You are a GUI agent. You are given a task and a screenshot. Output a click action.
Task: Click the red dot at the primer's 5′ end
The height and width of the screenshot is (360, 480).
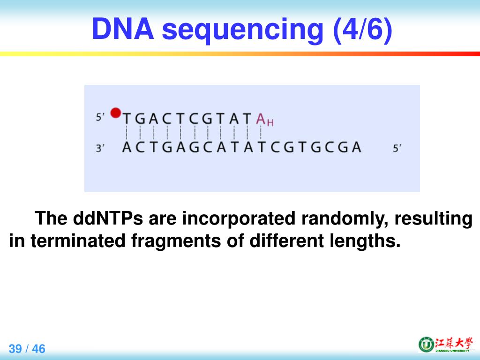pyautogui.click(x=116, y=112)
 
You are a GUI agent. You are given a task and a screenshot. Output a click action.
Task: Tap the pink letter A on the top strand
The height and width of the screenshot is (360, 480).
pyautogui.click(x=261, y=119)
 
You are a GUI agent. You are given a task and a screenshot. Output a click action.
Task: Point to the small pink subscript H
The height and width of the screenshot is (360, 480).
pyautogui.click(x=270, y=123)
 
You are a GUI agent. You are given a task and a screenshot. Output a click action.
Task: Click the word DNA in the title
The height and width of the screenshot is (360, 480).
pyautogui.click(x=123, y=29)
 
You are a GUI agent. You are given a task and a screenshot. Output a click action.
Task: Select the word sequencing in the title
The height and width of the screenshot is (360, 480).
pyautogui.click(x=242, y=30)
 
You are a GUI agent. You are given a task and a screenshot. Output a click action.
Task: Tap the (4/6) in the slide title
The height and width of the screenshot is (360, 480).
pyautogui.click(x=362, y=30)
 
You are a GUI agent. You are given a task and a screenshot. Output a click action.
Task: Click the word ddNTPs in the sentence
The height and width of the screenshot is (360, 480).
pyautogui.click(x=108, y=218)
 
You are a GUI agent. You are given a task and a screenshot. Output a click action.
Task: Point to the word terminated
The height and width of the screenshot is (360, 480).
pyautogui.click(x=78, y=240)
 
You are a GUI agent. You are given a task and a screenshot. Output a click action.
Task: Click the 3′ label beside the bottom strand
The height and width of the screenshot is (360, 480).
pyautogui.click(x=100, y=148)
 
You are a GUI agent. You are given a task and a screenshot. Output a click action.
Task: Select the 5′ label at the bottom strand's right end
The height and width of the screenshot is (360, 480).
pyautogui.click(x=397, y=148)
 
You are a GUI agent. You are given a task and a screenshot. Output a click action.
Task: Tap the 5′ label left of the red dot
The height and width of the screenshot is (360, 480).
pyautogui.click(x=100, y=117)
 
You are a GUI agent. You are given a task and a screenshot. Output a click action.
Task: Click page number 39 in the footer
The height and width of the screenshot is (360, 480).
pyautogui.click(x=15, y=349)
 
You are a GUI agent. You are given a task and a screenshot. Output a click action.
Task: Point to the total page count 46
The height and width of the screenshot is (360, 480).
pyautogui.click(x=38, y=349)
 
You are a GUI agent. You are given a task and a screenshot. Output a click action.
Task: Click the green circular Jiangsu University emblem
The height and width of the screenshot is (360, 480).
pyautogui.click(x=426, y=345)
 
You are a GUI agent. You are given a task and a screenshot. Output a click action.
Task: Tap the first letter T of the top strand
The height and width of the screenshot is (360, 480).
pyautogui.click(x=127, y=119)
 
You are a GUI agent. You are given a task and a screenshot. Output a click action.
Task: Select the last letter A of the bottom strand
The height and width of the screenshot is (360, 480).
pyautogui.click(x=356, y=147)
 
